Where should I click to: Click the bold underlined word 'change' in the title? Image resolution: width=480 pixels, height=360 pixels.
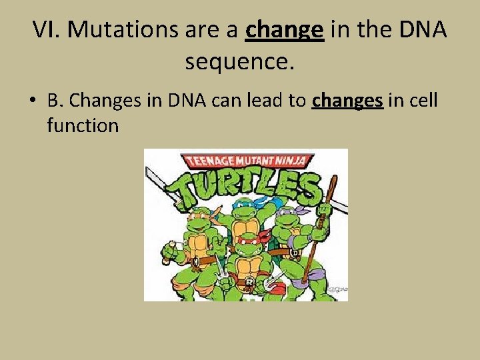[285, 30]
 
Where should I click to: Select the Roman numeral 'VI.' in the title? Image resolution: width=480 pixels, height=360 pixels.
[47, 30]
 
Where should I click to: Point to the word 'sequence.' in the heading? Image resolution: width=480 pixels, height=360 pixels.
[239, 62]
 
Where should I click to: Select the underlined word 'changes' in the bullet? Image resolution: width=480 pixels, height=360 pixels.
[347, 100]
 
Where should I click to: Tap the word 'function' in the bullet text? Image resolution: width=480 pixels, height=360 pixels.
[83, 125]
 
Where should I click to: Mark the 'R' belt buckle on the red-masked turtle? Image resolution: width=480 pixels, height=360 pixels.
[247, 282]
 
